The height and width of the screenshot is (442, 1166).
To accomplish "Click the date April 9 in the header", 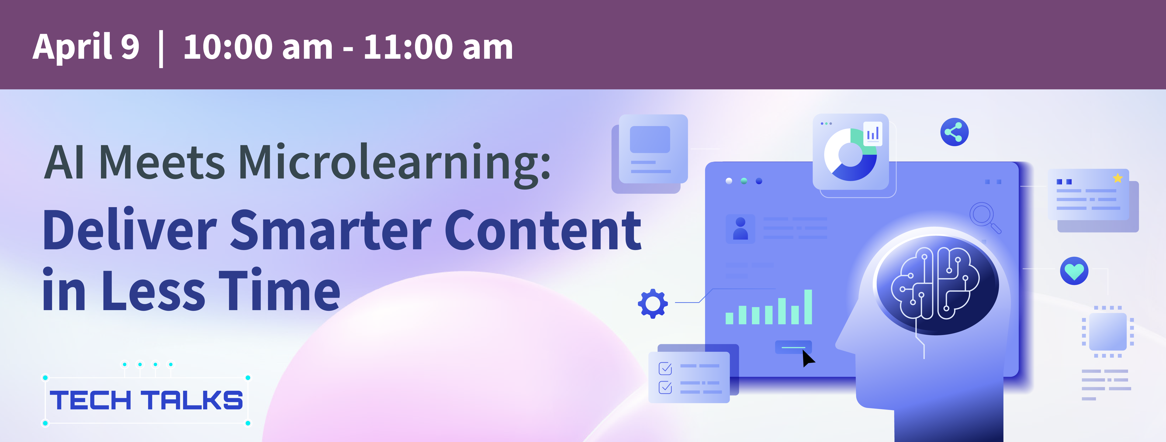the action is [x=86, y=47].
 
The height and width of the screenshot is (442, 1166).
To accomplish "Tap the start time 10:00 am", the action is [x=258, y=47].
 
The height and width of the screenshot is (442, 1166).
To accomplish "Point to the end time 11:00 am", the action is [x=438, y=47].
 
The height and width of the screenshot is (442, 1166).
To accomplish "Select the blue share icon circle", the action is [x=954, y=132].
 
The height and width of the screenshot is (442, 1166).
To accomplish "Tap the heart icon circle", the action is [x=1074, y=271].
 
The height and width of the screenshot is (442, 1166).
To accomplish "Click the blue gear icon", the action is [x=652, y=303].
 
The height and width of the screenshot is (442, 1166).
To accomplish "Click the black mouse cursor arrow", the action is [x=808, y=358].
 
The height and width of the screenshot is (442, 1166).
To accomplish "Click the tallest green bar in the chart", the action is [x=808, y=307].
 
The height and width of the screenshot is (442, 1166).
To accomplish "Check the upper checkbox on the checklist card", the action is [x=665, y=369].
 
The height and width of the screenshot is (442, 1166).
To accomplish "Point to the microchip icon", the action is [x=1107, y=332].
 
